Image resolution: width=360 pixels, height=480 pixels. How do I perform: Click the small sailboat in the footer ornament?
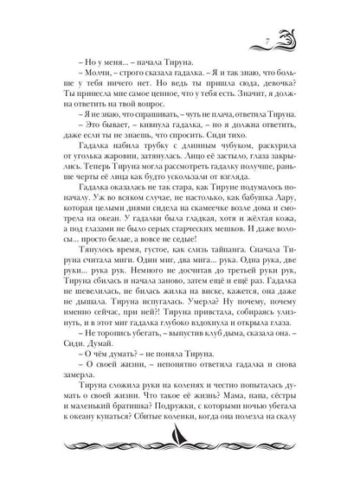pyautogui.click(x=180, y=450)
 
